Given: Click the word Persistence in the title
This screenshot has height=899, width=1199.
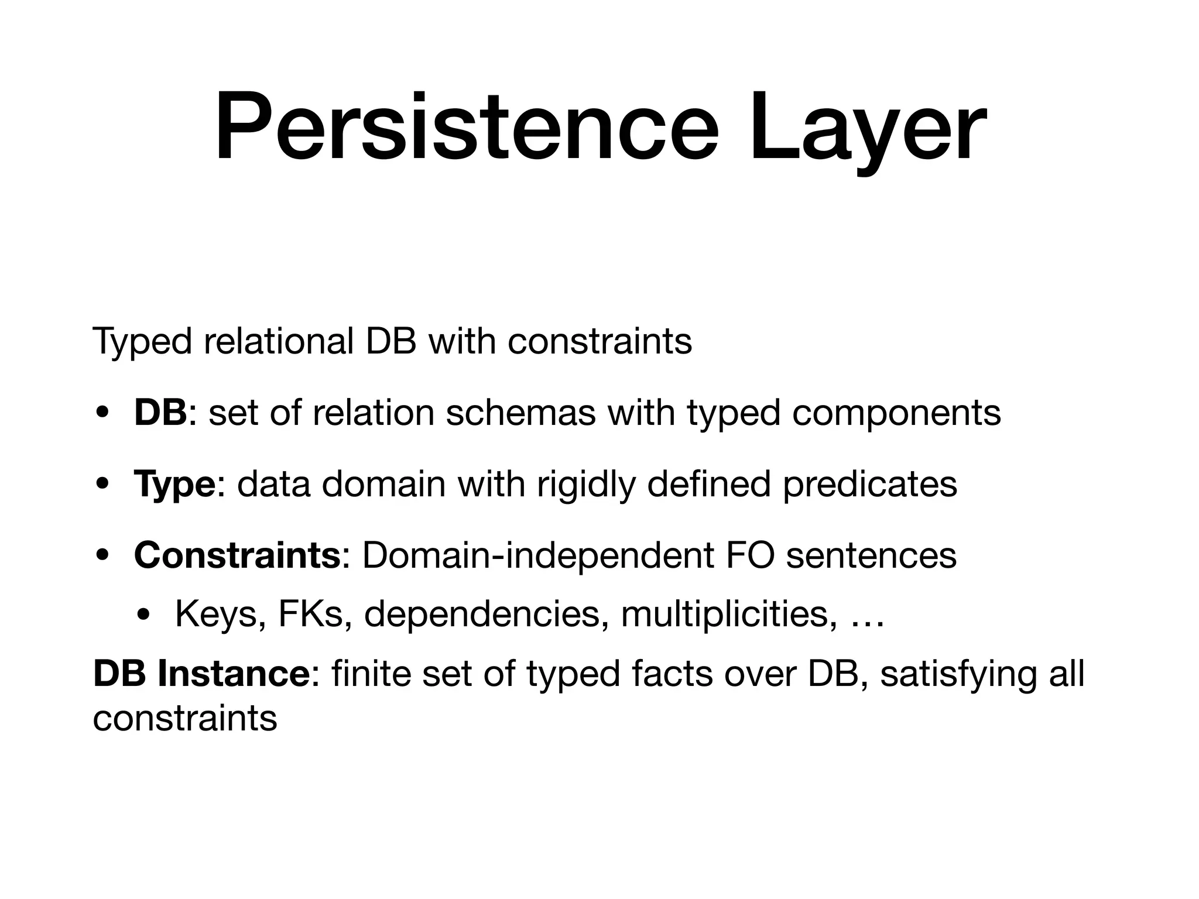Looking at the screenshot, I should (466, 128).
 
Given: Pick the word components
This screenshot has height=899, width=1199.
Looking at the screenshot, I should (896, 414).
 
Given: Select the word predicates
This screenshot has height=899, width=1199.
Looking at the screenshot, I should (870, 485).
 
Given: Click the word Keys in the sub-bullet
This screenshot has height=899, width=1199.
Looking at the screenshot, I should (217, 615).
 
